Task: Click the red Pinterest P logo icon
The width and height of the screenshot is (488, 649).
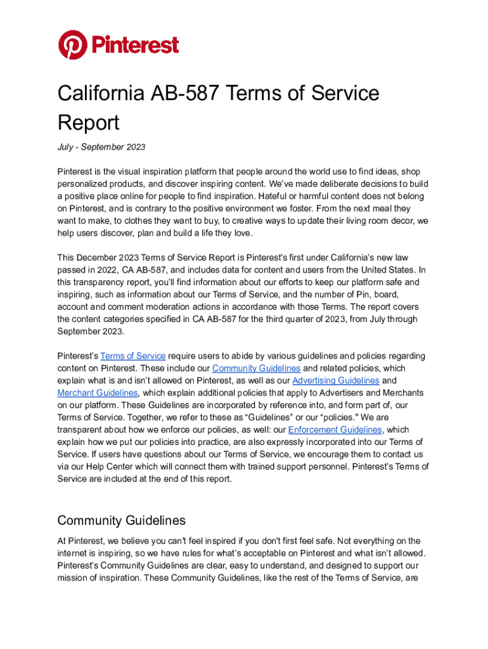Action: (x=72, y=45)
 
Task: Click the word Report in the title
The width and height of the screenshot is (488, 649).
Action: (x=88, y=122)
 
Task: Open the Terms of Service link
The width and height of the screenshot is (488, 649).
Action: (x=133, y=356)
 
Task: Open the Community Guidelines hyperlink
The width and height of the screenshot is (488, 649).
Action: (x=256, y=368)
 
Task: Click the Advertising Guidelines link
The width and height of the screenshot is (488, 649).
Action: (x=336, y=380)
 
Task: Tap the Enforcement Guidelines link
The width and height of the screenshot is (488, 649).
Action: (x=335, y=430)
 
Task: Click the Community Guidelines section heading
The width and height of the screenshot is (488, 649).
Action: (x=121, y=521)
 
